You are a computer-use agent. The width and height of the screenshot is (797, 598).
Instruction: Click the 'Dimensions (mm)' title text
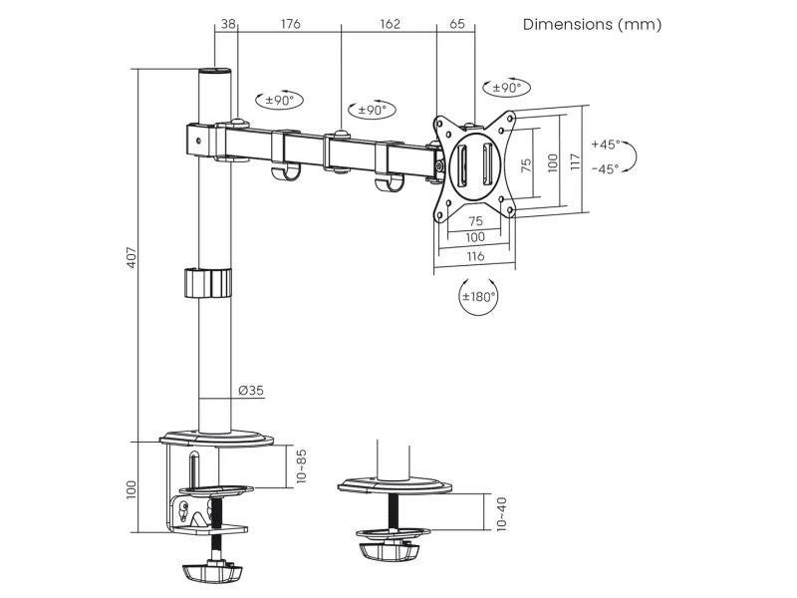[x=592, y=24]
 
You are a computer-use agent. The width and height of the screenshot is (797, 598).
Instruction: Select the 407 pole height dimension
[x=132, y=257]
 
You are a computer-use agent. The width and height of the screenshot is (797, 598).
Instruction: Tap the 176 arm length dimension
[x=290, y=24]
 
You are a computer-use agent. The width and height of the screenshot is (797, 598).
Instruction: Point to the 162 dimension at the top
[x=390, y=24]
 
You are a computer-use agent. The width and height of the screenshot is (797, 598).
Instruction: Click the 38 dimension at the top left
[x=228, y=24]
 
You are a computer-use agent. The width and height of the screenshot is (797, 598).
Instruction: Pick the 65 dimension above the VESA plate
[x=457, y=24]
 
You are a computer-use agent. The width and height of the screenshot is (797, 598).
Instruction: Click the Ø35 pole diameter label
[x=251, y=390]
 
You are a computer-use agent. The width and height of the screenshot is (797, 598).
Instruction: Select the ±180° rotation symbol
[x=478, y=296]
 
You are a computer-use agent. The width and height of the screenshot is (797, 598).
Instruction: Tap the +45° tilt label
[x=606, y=145]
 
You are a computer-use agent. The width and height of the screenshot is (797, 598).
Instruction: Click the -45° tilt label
[x=606, y=168]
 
